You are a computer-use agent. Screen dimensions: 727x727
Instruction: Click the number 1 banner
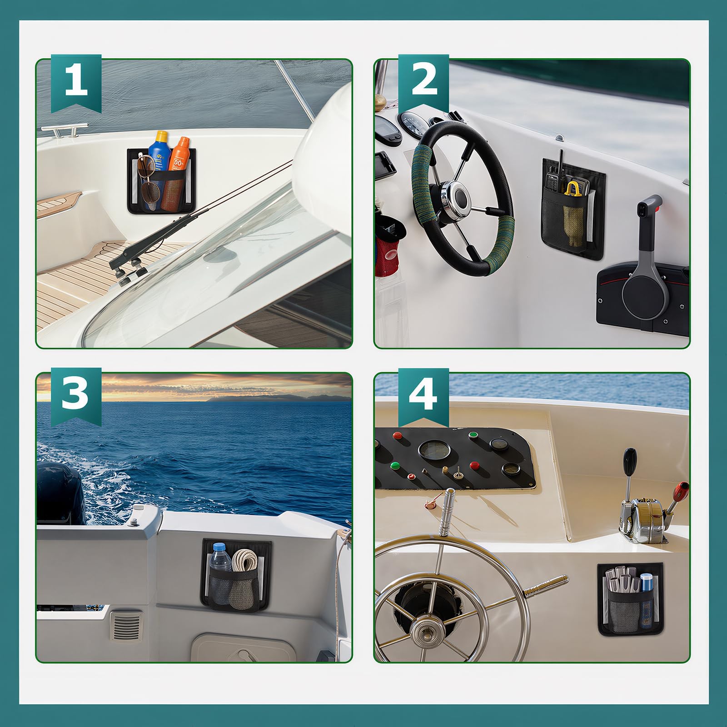tap(76, 82)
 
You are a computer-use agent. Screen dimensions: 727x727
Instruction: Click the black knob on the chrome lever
tap(630, 458)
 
